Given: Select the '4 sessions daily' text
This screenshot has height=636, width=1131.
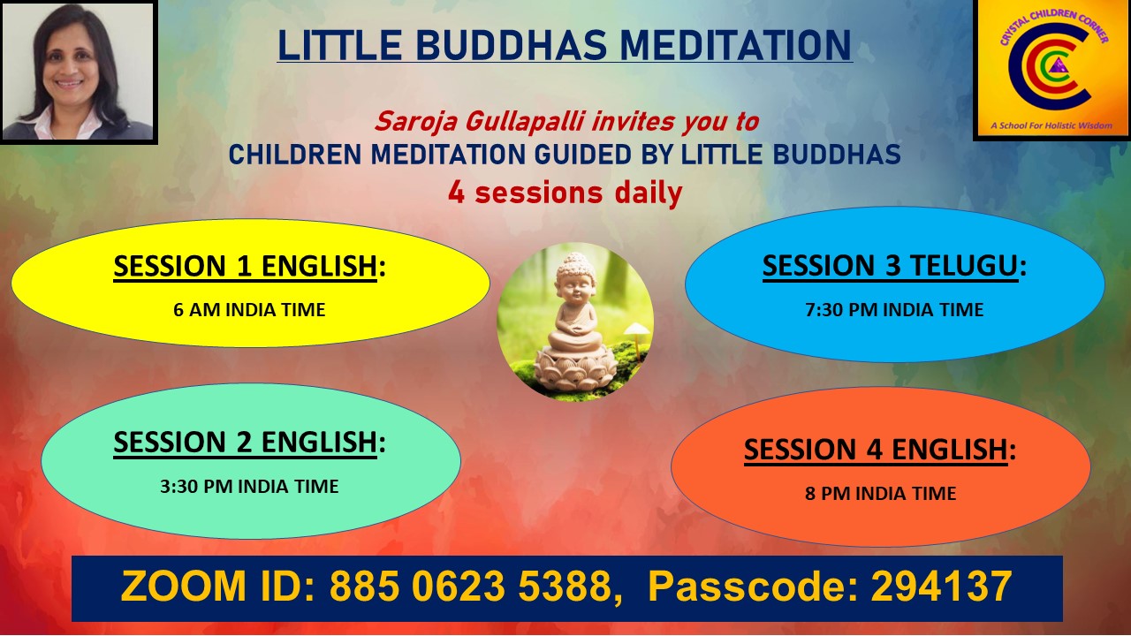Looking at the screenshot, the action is pos(565,193).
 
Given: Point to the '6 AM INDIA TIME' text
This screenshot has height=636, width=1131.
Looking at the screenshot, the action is pos(249,309).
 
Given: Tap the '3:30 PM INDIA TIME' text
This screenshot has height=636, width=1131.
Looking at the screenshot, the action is pos(249,486).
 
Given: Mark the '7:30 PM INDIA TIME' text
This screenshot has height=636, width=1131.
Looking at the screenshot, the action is pos(894,309).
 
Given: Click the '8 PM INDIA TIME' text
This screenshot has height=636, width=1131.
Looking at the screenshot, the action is pos(881,493).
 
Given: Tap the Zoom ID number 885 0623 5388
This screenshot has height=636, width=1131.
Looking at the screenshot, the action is pos(471,586).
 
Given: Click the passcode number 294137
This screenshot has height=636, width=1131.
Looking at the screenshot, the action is pos(942,586).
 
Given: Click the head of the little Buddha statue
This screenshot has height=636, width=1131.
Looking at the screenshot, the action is pos(574,279).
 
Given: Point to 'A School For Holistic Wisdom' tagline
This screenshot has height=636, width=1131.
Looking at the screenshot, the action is pos(1051,125).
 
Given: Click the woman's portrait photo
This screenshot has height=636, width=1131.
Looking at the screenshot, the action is pos(78,72).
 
